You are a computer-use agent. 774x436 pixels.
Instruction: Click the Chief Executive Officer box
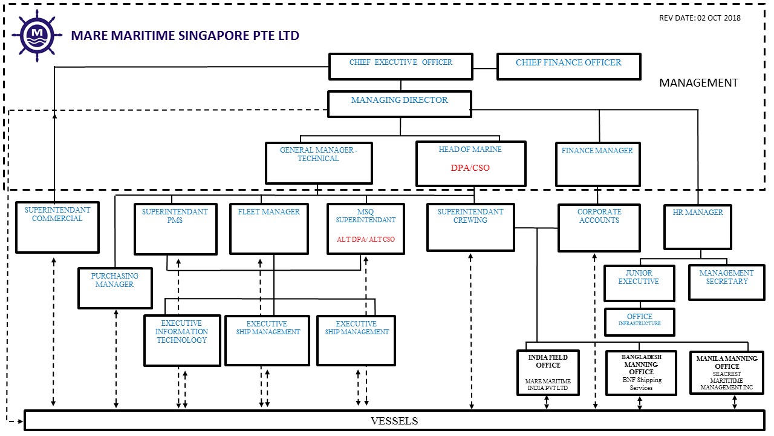pos(400,66)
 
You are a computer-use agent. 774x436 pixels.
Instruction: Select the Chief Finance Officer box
pos(568,66)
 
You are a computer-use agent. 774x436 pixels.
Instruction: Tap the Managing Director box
pos(399,104)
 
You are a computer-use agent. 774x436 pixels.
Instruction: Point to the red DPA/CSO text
pos(470,168)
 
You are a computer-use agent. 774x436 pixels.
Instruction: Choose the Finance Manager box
pos(597,164)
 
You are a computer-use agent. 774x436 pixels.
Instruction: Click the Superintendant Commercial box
pos(57,227)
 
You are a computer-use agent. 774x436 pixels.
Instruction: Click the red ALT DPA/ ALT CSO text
pos(366,239)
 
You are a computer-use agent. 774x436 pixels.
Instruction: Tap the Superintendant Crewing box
pos(470,227)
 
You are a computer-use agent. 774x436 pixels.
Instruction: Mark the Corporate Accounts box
pos(599,228)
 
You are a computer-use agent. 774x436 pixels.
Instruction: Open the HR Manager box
pos(697,226)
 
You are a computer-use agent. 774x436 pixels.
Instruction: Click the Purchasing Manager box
pos(115,288)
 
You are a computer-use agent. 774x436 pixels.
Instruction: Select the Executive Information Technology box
pos(182,340)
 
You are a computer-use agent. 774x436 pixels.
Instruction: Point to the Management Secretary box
pos(726,282)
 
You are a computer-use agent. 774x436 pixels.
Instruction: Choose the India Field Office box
pos(548,372)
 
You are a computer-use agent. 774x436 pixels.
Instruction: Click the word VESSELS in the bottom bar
pos(394,421)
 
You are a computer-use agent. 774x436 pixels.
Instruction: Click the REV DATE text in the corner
pos(700,18)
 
